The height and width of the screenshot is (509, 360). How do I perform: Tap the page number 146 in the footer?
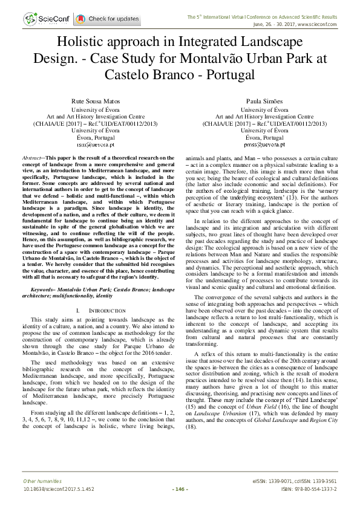coord(180,488)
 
